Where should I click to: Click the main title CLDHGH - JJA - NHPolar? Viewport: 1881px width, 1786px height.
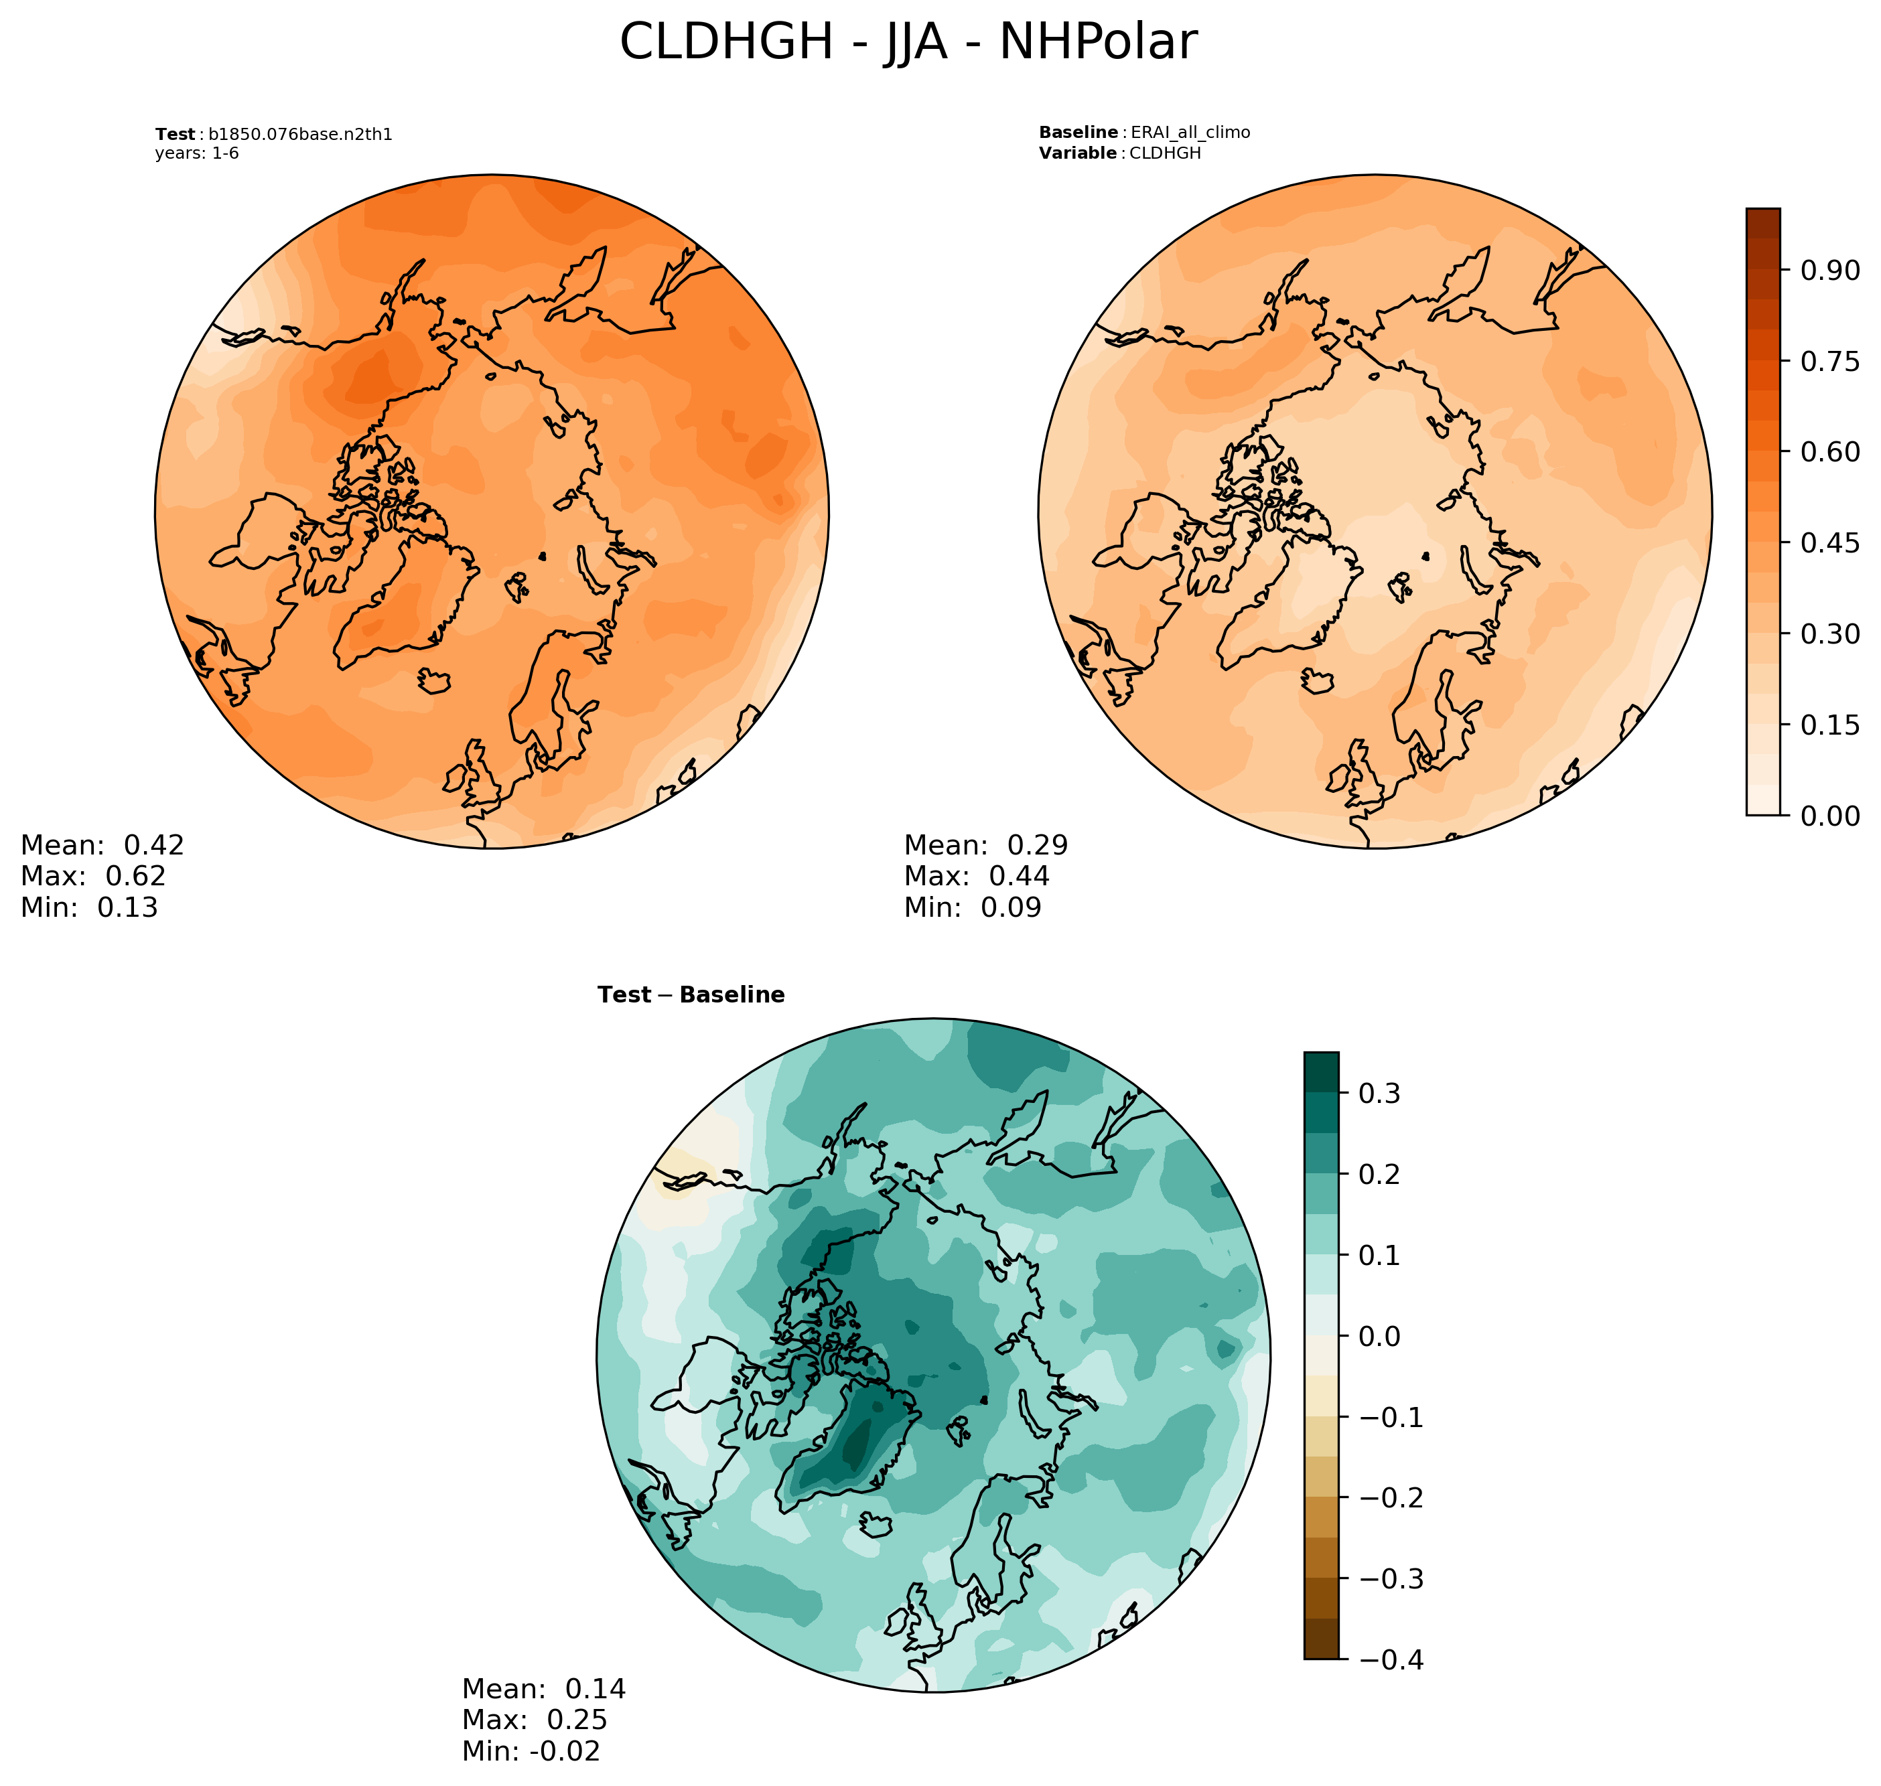pos(908,43)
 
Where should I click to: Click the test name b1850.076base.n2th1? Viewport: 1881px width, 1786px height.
pos(300,134)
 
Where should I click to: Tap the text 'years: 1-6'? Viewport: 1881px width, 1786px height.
pos(197,153)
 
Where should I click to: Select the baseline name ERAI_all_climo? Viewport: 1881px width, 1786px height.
pos(1190,133)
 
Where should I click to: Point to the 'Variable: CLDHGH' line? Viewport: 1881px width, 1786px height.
pos(1119,153)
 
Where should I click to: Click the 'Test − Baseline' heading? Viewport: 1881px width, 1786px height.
pos(691,995)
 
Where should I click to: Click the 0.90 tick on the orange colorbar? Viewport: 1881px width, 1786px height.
pos(1829,271)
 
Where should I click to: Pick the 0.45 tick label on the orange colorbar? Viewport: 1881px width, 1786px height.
pos(1829,542)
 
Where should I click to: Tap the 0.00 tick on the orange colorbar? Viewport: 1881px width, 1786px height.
pos(1829,816)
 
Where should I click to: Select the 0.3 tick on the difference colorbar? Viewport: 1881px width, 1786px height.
pos(1378,1094)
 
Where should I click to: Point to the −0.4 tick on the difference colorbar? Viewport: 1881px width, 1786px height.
pos(1389,1659)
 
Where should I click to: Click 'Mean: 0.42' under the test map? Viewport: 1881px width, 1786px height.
pos(102,845)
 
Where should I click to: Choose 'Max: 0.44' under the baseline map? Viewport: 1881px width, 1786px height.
pos(976,876)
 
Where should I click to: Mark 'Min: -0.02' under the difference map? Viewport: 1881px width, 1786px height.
pos(531,1751)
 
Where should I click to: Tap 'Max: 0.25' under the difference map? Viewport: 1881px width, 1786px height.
pos(535,1719)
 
